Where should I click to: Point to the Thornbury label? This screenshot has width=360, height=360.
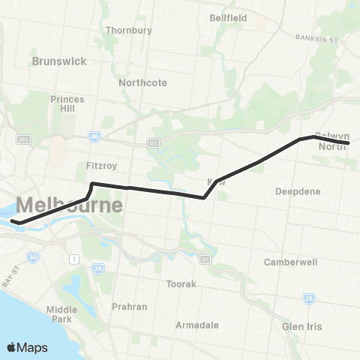(x=129, y=31)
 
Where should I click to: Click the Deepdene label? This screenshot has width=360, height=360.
(x=298, y=191)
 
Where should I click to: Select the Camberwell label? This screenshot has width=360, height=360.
(x=291, y=262)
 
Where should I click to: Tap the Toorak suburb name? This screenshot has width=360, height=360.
(x=181, y=284)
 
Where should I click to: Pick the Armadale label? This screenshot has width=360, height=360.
(x=196, y=325)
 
